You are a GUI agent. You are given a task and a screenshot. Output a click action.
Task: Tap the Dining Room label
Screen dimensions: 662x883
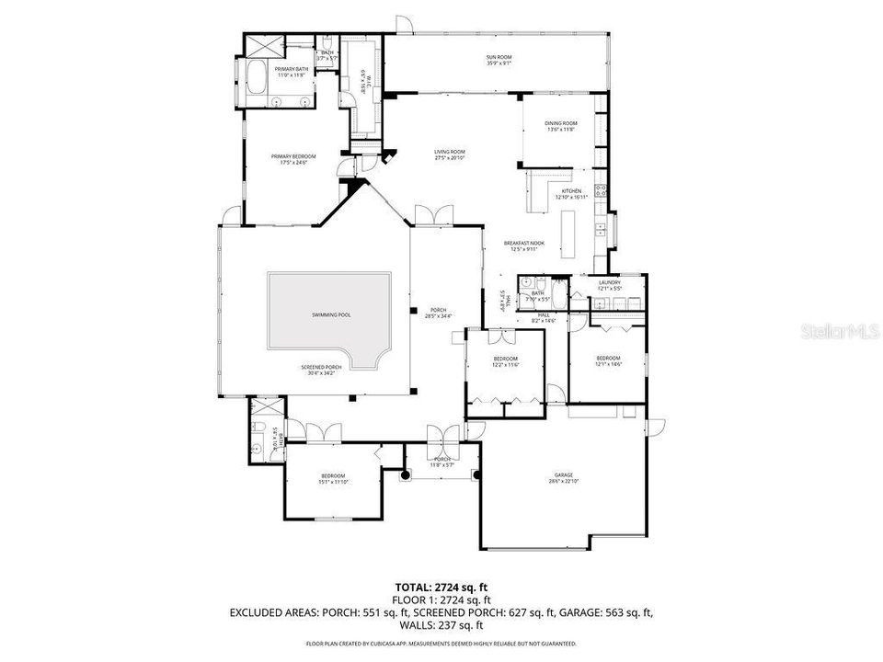point(562,126)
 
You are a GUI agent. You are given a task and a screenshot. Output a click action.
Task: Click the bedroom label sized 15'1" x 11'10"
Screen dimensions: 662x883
point(332,477)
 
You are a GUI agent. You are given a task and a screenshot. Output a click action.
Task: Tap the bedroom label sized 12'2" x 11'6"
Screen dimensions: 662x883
point(505,361)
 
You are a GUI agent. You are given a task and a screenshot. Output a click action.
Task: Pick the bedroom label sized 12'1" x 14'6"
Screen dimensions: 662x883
point(608,360)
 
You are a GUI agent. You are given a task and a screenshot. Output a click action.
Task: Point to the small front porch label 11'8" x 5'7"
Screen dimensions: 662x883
point(442,462)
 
